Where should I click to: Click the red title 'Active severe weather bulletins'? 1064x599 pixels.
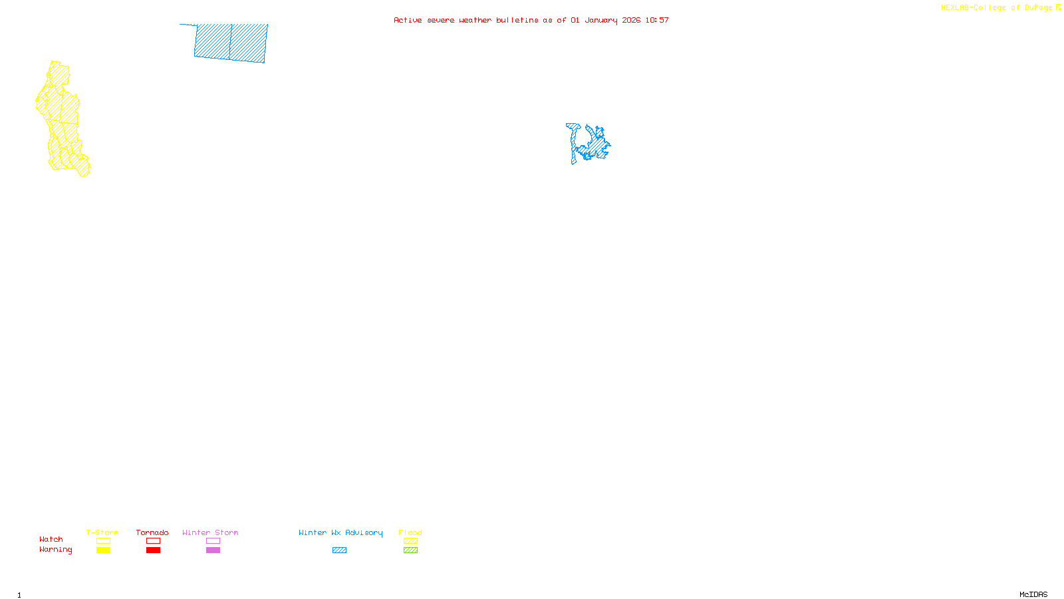(x=465, y=20)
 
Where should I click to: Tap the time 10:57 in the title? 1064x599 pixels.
(x=657, y=20)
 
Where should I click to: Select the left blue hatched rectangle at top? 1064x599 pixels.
(x=212, y=41)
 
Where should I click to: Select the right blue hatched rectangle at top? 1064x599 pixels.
(x=248, y=43)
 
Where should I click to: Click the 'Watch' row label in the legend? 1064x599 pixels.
(x=51, y=539)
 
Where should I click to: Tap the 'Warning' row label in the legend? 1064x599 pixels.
(x=56, y=550)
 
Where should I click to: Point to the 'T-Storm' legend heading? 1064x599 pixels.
(x=102, y=532)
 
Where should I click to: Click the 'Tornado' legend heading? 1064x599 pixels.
(x=152, y=532)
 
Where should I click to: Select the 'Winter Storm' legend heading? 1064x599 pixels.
(x=210, y=532)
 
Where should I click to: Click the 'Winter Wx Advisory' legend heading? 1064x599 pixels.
(x=340, y=532)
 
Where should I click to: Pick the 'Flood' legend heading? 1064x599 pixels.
(x=410, y=532)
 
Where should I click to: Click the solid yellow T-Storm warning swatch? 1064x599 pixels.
(x=103, y=550)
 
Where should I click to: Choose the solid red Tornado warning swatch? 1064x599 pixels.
(x=153, y=550)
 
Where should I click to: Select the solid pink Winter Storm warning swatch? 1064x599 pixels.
(x=213, y=550)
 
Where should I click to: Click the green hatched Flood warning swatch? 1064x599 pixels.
(x=410, y=550)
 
